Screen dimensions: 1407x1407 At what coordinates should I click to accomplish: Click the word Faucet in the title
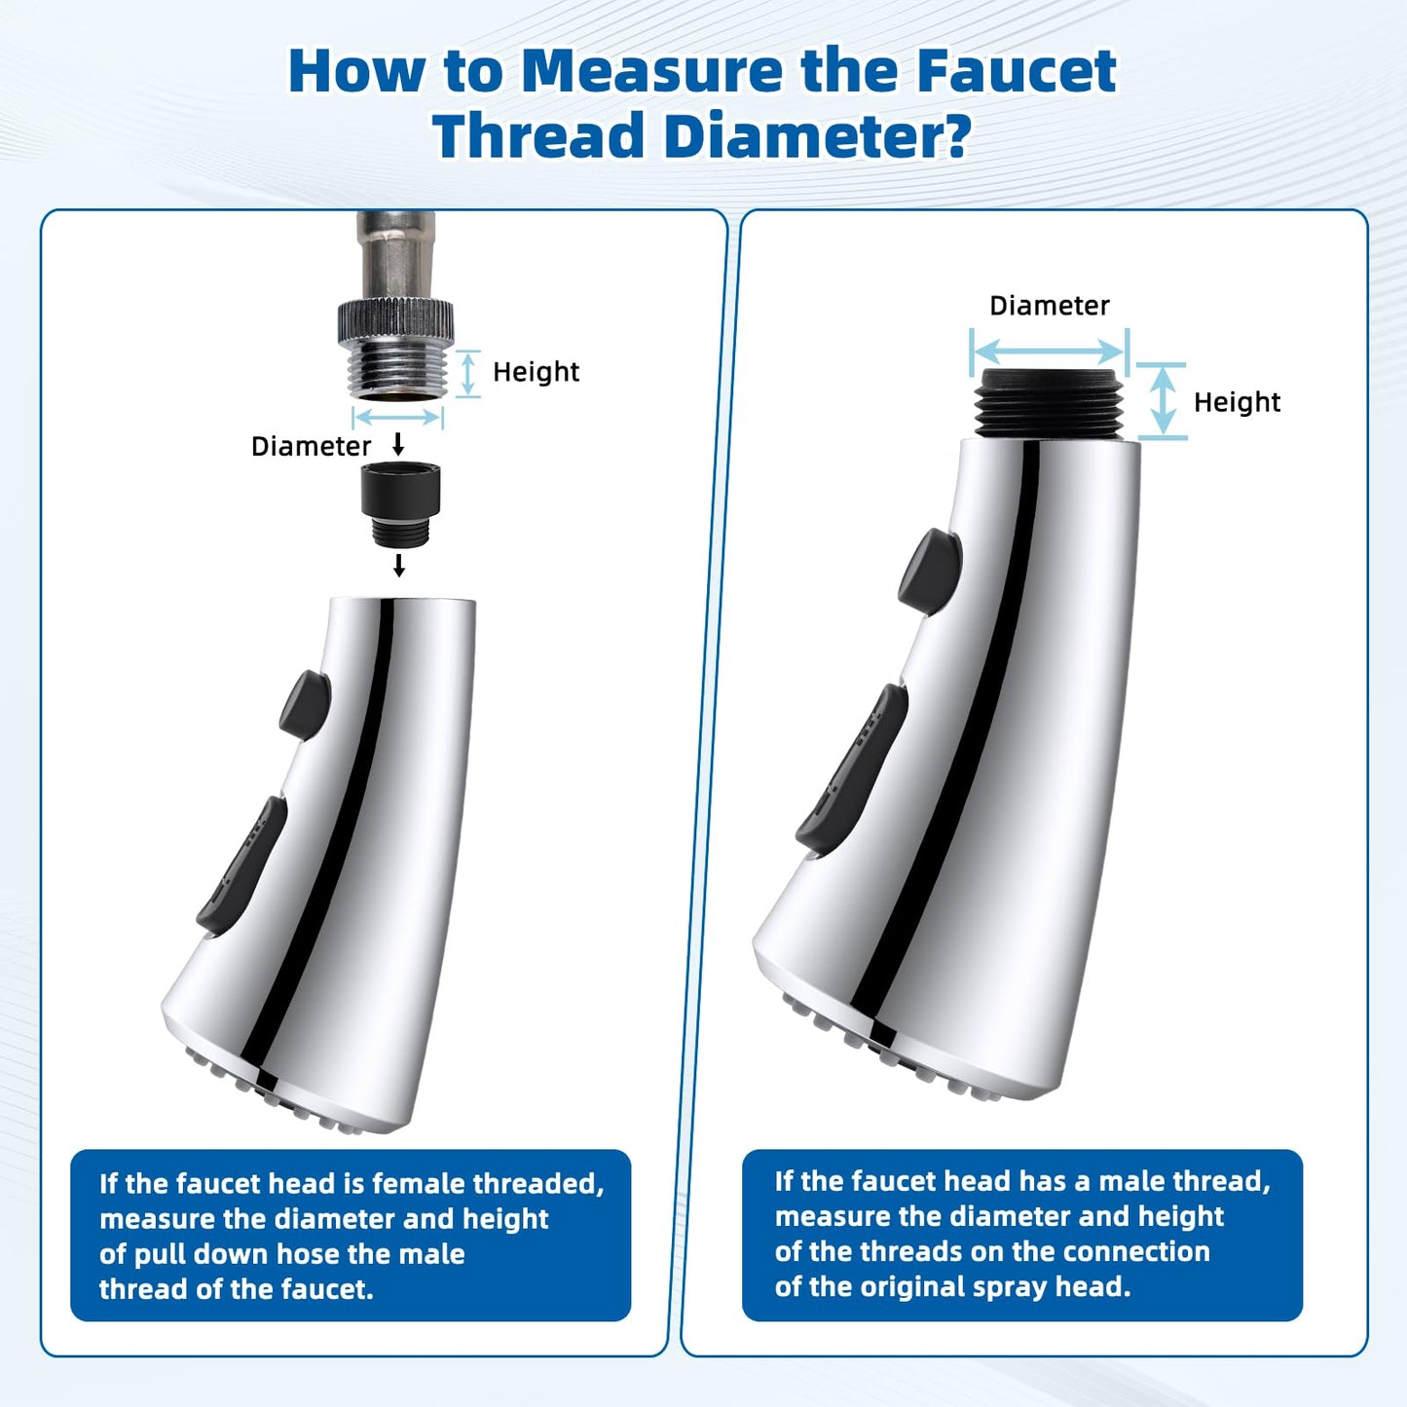coord(1016,71)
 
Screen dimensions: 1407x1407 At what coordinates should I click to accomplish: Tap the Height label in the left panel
coord(536,372)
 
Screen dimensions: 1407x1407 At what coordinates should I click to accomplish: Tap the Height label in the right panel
coord(1237,402)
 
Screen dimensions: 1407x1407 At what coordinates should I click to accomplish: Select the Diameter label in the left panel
coord(311,446)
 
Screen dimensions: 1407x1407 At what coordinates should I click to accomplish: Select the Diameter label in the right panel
coord(1050,305)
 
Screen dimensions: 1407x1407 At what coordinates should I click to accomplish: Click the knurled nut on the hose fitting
coord(395,320)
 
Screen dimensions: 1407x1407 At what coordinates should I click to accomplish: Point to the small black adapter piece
coord(401,503)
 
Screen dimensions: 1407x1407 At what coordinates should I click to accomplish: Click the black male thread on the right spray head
coord(1050,404)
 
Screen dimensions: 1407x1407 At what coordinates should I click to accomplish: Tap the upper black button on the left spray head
coord(305,705)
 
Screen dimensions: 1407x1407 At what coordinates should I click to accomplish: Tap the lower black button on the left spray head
coord(242,865)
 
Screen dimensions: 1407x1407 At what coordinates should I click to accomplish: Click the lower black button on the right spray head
coord(852,768)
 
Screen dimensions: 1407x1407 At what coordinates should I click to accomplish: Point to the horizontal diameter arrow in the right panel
coord(1050,352)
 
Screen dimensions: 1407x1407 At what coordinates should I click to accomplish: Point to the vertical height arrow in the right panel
coord(1163,401)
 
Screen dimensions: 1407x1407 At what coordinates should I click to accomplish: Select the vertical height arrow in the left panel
coord(468,374)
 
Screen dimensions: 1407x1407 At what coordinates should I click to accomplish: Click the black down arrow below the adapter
coord(398,565)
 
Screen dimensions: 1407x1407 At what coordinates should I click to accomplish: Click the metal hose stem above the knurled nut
coord(395,255)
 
